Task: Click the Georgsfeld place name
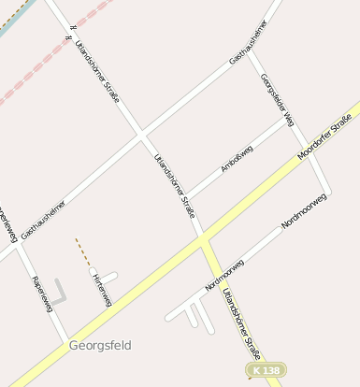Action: point(100,345)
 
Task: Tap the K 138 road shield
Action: point(266,371)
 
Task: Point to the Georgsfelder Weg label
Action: point(278,100)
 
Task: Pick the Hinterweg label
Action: point(102,289)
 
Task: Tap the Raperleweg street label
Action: point(40,294)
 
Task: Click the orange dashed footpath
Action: point(82,251)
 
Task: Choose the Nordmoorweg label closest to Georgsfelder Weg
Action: point(304,211)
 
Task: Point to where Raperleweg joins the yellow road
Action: point(64,340)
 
